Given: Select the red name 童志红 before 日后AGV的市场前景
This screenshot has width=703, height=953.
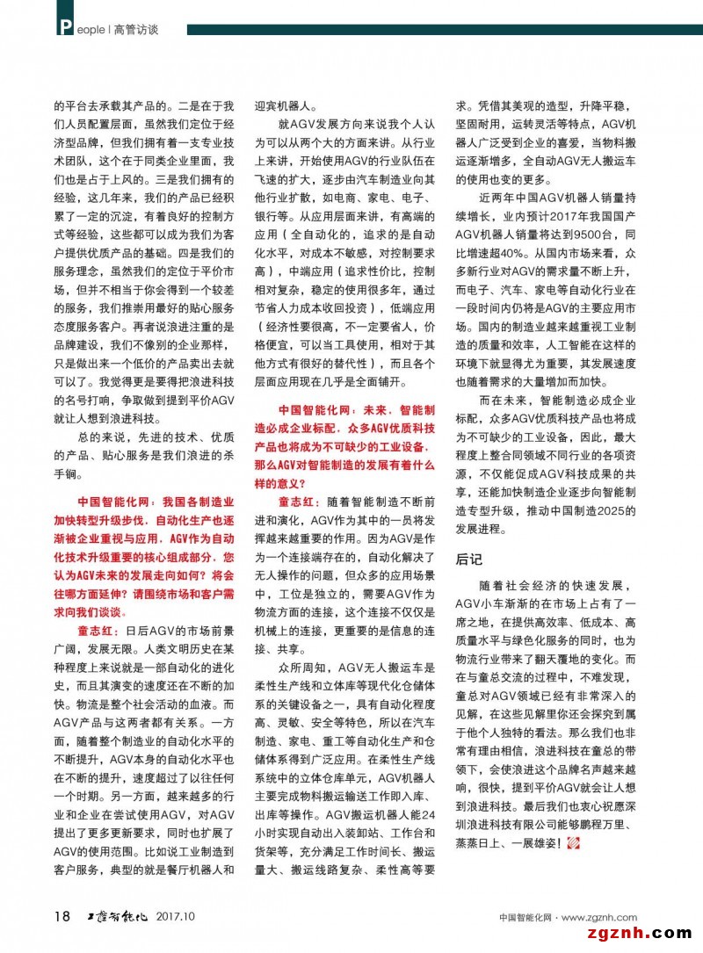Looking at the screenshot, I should coord(99,631).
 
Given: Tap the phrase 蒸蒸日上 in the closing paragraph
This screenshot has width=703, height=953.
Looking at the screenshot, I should coord(485,844).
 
